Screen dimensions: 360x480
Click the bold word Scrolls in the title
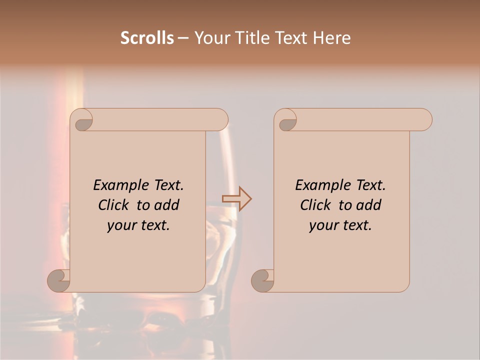147,38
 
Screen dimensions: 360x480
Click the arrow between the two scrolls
237,199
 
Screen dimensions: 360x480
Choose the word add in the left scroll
166,205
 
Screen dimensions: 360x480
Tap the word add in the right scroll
368,205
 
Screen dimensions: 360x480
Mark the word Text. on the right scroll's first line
370,185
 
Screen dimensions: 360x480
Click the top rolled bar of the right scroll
360,119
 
